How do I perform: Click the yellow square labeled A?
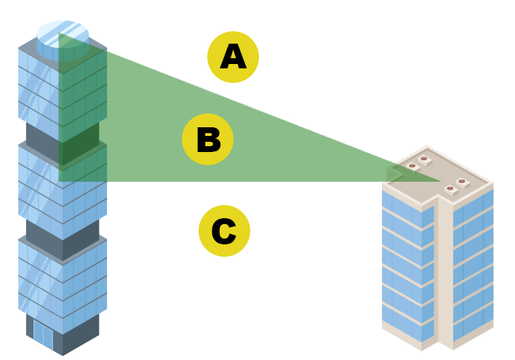pyautogui.click(x=233, y=57)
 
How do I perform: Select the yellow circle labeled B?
pyautogui.click(x=207, y=140)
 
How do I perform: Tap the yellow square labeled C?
pyautogui.click(x=224, y=231)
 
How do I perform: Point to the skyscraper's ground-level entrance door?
pyautogui.click(x=43, y=335)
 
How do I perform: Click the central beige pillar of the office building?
pyautogui.click(x=444, y=276)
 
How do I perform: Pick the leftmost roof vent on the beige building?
pyautogui.click(x=412, y=167)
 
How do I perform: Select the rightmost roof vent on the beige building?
pyautogui.click(x=462, y=182)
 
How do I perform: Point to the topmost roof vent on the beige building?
pyautogui.click(x=423, y=159)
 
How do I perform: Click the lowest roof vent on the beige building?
pyautogui.click(x=450, y=189)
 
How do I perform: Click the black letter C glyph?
pyautogui.click(x=223, y=231)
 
